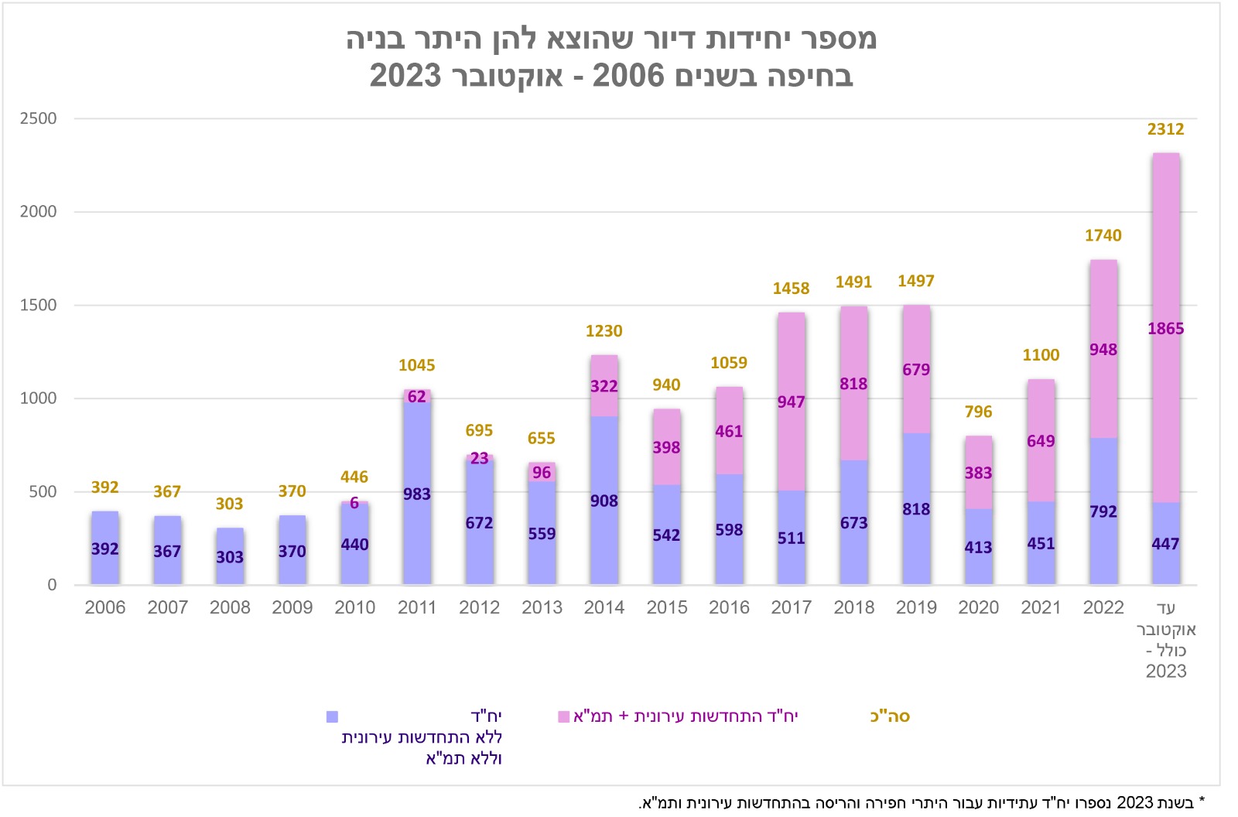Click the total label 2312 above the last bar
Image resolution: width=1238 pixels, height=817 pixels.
coord(1165,129)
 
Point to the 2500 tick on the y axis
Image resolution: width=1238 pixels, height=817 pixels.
coord(39,118)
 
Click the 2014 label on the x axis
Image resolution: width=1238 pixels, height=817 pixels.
coord(604,607)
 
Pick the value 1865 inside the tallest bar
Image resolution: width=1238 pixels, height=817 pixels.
coord(1165,328)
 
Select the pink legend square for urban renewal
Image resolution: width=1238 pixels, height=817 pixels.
coord(564,717)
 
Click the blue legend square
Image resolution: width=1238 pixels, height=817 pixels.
coord(332,717)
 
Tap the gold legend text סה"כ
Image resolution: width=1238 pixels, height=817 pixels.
coord(890,716)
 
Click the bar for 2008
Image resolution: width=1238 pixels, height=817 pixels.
coord(230,557)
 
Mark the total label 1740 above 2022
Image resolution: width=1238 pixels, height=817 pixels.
coord(1103,235)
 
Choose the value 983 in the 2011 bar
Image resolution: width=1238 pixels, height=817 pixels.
coord(417,494)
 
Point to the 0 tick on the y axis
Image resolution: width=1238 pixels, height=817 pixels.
coord(52,585)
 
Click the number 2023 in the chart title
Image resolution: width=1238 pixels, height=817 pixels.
coord(405,76)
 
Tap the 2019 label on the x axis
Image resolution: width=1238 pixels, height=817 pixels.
coord(916,607)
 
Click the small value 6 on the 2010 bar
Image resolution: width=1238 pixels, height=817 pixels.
coord(354,503)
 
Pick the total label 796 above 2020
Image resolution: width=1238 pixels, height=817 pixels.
coord(978,412)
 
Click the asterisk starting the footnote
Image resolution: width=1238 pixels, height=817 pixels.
coord(1202,802)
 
